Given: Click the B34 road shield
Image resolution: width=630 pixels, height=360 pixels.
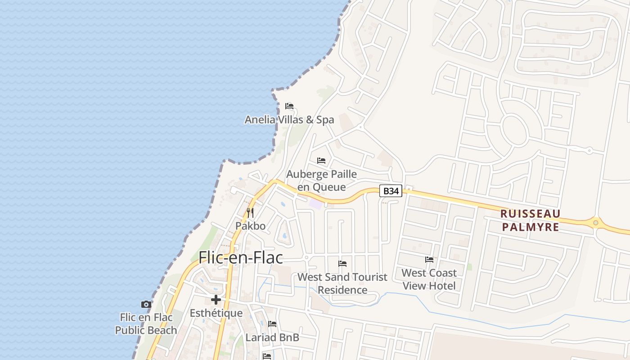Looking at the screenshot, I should click(x=391, y=191).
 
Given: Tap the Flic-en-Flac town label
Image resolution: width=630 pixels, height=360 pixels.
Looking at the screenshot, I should click(x=241, y=257).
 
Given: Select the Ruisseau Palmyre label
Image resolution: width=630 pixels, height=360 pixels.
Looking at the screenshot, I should click(x=531, y=220).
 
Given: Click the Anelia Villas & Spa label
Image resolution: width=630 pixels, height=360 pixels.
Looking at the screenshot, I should click(x=289, y=120).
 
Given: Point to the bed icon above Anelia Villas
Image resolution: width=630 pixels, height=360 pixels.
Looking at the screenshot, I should click(x=289, y=106).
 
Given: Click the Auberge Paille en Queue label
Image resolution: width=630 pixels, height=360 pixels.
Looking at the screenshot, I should click(x=321, y=180).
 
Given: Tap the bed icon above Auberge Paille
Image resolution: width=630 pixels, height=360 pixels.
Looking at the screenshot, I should click(x=321, y=160).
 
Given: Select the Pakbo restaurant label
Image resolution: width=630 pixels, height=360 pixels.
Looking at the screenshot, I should click(x=251, y=225).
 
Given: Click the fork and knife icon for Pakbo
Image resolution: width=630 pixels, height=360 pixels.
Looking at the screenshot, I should click(x=250, y=212).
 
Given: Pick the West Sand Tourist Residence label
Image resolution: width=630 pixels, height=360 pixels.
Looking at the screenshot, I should click(x=342, y=283).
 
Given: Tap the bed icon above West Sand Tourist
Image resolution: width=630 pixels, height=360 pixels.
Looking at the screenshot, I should click(x=342, y=263).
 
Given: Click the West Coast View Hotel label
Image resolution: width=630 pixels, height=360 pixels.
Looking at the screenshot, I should click(x=429, y=279).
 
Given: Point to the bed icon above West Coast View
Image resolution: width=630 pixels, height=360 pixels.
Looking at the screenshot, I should click(x=429, y=259).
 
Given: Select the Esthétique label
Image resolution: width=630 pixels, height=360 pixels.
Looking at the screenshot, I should click(x=216, y=313).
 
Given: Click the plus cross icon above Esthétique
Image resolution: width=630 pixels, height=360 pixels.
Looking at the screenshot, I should click(x=216, y=300).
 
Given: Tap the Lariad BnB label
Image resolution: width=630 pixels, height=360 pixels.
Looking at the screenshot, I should click(x=272, y=337).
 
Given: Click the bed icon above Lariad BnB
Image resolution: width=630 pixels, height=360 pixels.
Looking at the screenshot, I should click(x=272, y=324).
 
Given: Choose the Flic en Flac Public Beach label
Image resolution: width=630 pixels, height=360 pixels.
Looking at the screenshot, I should click(x=146, y=324).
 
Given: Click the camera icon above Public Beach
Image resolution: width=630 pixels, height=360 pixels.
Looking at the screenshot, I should click(x=146, y=305).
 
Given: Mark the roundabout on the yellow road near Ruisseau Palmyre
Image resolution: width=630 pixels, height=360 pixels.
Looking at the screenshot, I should click(x=596, y=222).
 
